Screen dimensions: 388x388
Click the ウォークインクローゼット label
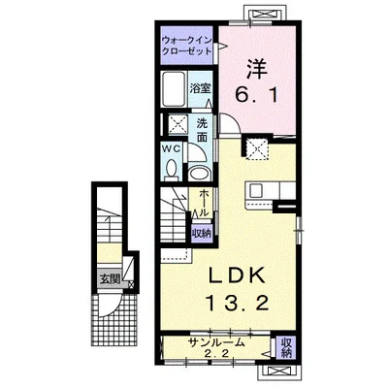(187, 46)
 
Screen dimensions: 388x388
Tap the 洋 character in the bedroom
(257, 69)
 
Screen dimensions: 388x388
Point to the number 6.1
(256, 95)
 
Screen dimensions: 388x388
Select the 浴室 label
(200, 88)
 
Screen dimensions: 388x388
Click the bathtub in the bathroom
(174, 89)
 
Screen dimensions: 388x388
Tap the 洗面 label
(203, 130)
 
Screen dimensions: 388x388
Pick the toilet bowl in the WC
(171, 170)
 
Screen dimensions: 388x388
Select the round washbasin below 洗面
(199, 174)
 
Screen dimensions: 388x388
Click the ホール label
(204, 203)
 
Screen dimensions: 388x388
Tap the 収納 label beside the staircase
(202, 233)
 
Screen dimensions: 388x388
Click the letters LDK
(237, 275)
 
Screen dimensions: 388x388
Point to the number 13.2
(238, 304)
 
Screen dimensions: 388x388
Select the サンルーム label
(216, 342)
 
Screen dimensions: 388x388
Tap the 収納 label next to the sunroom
(286, 347)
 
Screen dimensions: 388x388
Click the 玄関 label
(110, 278)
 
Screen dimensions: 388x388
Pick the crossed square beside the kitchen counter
(257, 148)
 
